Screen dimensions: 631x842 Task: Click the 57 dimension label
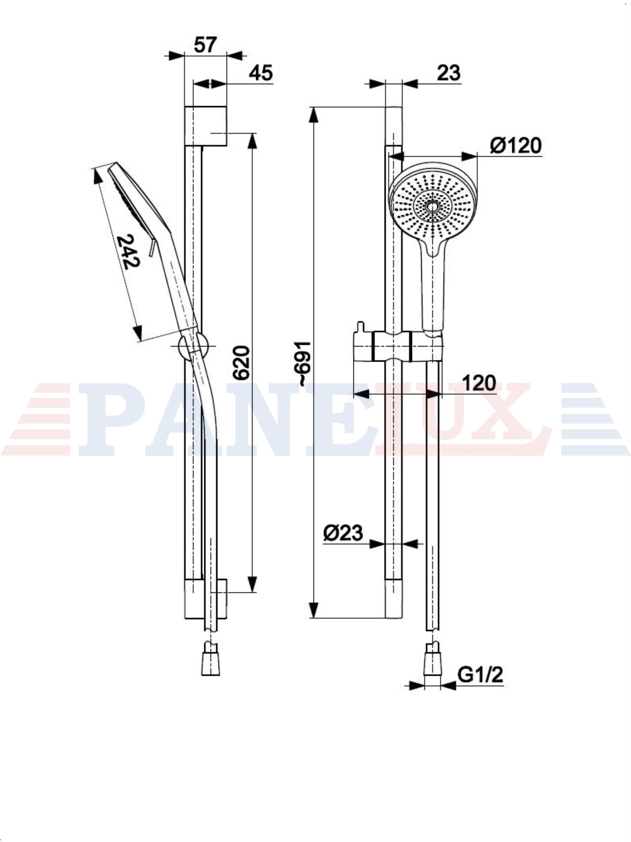[x=205, y=45]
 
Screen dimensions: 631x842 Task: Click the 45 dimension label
[x=261, y=73]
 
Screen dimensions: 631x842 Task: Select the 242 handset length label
[x=128, y=251]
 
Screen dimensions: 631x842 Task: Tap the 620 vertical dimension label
[x=241, y=363]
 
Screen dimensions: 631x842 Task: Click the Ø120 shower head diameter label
[x=516, y=146]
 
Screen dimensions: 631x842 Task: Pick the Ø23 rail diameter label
[x=343, y=533]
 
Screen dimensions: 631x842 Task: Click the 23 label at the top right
[x=448, y=73]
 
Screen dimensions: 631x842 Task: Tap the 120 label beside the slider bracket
[x=479, y=383]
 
